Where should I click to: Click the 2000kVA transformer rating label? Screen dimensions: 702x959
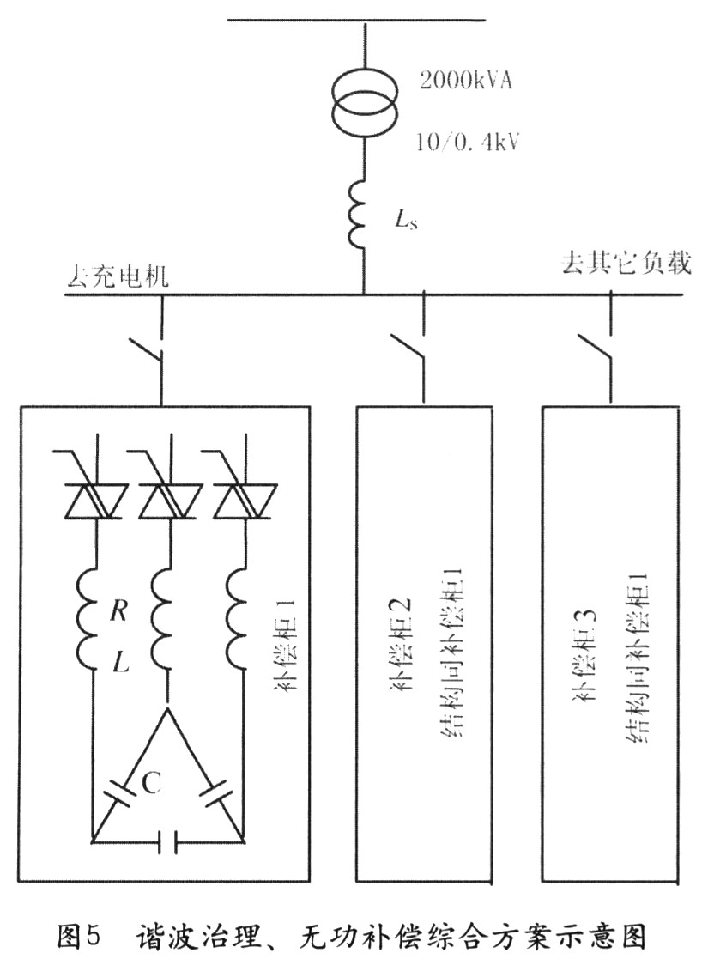click(465, 81)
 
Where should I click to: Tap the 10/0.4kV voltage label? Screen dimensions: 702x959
click(468, 143)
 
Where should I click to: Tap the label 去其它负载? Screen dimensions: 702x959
click(626, 264)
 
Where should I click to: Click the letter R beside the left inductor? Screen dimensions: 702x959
click(118, 610)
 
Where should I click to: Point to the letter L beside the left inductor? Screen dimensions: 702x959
click(121, 662)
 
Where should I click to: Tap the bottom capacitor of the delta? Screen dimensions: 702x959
click(167, 842)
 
